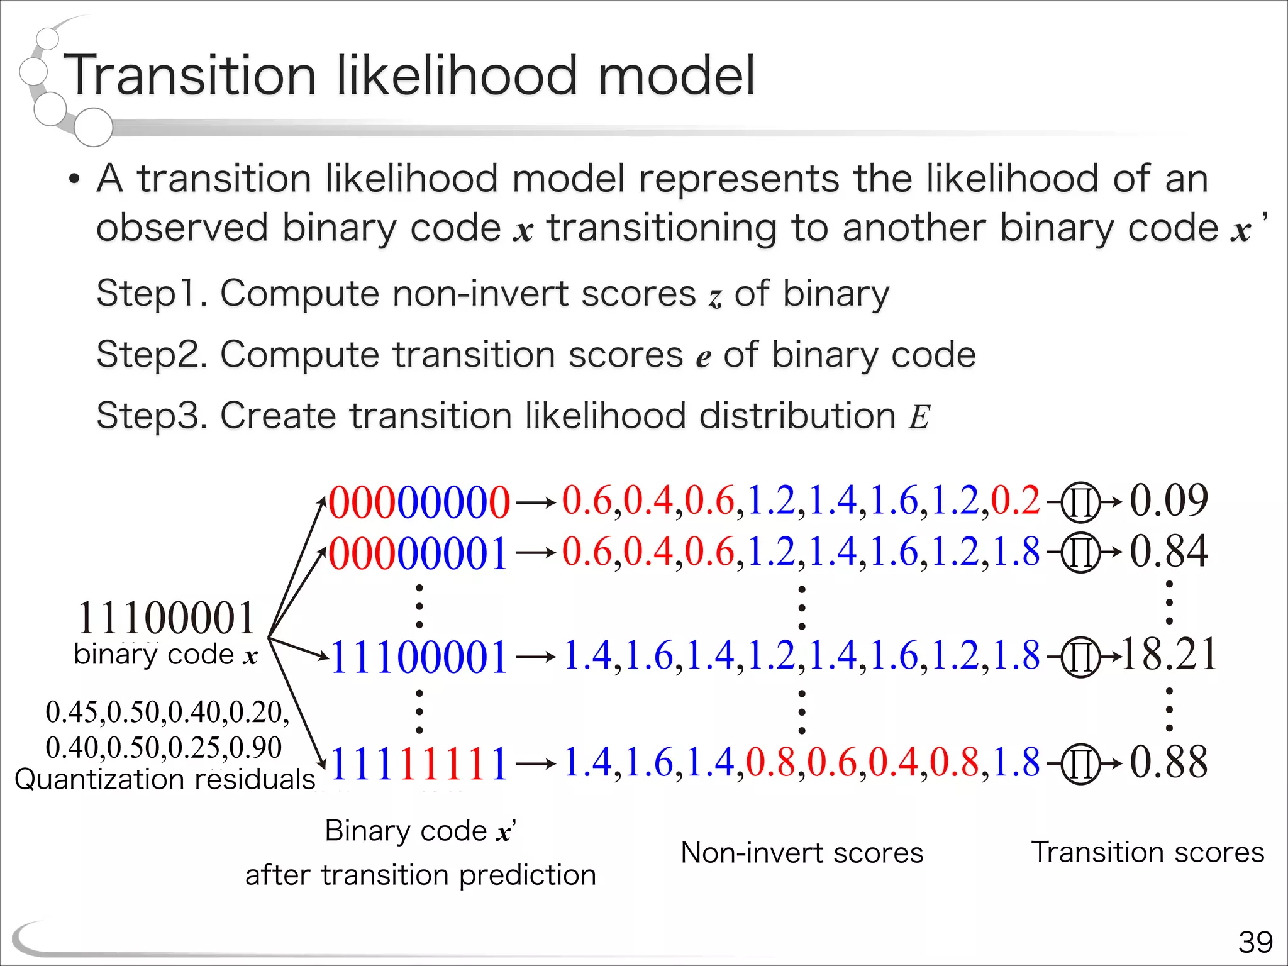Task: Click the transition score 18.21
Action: tap(1169, 655)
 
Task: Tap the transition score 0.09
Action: tap(1169, 501)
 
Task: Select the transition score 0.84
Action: tap(1169, 552)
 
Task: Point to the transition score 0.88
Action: tap(1169, 762)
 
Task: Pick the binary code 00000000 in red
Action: tap(419, 502)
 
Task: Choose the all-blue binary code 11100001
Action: tap(419, 657)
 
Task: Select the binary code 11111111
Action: tap(419, 763)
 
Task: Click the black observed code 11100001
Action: tap(166, 618)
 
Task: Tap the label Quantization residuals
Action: tap(165, 779)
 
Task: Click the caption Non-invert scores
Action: tap(802, 853)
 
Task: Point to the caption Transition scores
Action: tap(1148, 853)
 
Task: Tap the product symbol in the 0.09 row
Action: tap(1080, 503)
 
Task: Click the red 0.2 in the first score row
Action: tap(1015, 501)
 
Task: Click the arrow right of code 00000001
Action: tap(536, 553)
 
